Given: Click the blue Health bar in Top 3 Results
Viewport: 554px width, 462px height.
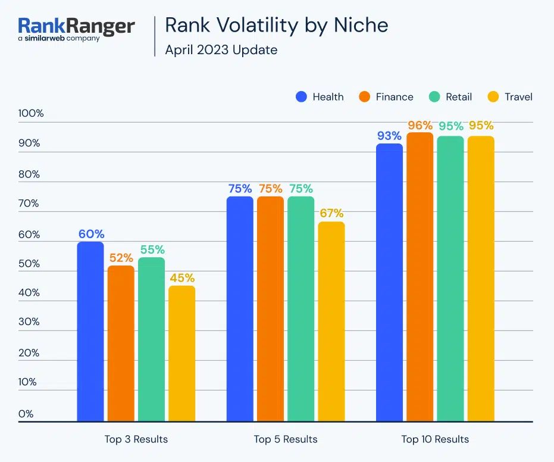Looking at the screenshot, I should (x=90, y=331).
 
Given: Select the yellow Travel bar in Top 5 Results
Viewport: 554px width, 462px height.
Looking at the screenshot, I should (x=331, y=321).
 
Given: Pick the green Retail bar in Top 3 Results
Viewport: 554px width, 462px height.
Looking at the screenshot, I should (x=151, y=339).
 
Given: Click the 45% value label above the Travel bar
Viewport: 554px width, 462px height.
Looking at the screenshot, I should (x=181, y=278).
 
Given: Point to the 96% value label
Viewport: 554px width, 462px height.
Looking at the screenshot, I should (x=420, y=125).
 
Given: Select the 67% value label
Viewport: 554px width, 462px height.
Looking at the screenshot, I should (x=331, y=214).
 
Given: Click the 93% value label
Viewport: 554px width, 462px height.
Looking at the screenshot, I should (x=389, y=136).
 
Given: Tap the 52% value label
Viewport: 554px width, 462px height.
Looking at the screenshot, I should (x=121, y=258).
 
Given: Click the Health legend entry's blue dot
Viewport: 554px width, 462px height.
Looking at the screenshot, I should (x=302, y=96).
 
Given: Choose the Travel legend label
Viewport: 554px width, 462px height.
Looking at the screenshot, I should (x=518, y=96).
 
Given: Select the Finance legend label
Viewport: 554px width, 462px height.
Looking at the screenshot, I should (x=395, y=96).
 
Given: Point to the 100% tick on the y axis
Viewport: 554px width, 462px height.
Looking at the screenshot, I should (x=32, y=113).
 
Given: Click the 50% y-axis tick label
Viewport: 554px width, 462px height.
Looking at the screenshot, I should (x=29, y=264).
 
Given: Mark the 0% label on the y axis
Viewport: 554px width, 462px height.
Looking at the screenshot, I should (x=26, y=414).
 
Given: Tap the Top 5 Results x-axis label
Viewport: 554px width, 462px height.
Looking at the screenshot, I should (x=286, y=439).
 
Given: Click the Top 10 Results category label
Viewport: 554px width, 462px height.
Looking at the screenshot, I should (x=435, y=439).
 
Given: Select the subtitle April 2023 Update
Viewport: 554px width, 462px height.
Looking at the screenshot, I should (x=221, y=49).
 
